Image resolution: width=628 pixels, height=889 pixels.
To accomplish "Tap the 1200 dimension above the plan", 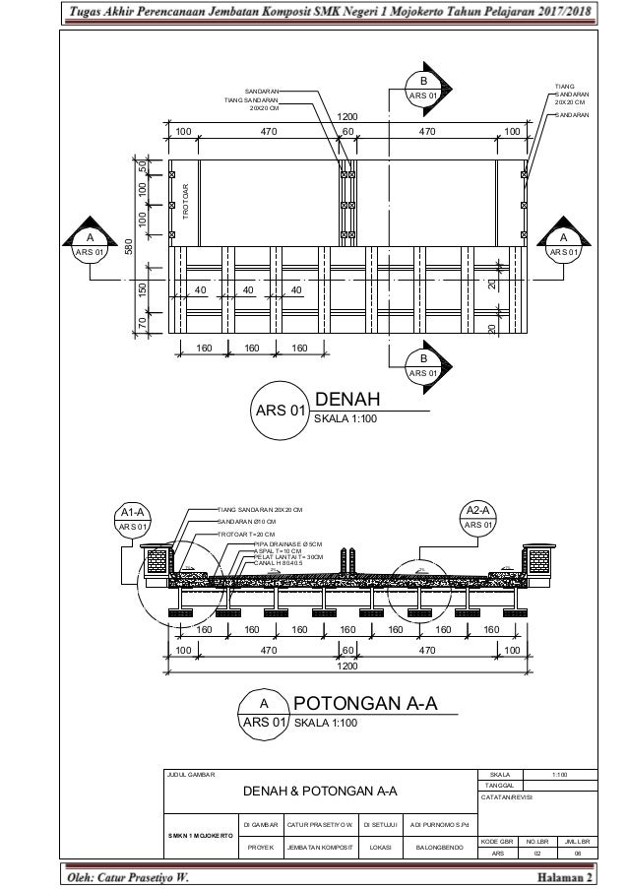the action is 347,116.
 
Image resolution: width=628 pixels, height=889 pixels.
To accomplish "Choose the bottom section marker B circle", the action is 423,365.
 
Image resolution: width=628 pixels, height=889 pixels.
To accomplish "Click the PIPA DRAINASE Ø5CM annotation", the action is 287,542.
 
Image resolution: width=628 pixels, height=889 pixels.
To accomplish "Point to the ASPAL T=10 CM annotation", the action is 279,550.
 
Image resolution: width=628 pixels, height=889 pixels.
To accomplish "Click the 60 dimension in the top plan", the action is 347,131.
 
